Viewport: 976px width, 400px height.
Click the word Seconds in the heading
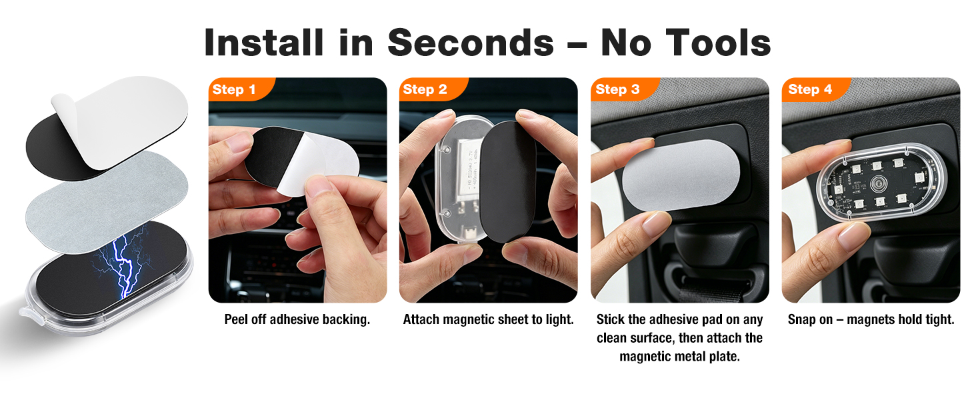471,43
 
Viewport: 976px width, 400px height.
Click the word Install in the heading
263,42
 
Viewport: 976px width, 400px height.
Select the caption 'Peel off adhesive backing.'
297,319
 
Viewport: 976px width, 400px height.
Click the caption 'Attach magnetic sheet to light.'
489,319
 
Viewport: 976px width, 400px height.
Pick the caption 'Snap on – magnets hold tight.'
871,319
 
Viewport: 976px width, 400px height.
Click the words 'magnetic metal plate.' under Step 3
680,357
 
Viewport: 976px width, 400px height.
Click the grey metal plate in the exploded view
107,201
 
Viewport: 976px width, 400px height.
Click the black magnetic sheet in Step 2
508,181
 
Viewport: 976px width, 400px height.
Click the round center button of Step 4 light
878,184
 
